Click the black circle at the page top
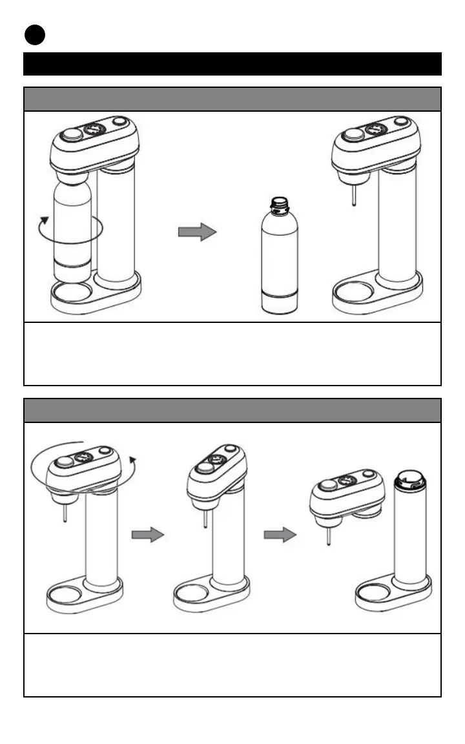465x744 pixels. click(36, 36)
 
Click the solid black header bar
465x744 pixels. click(232, 64)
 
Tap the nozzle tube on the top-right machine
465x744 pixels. click(354, 194)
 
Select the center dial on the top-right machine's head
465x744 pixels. click(375, 130)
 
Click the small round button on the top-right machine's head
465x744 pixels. click(402, 121)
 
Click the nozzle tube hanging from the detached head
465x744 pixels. click(329, 533)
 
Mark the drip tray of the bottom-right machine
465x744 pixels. click(375, 592)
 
